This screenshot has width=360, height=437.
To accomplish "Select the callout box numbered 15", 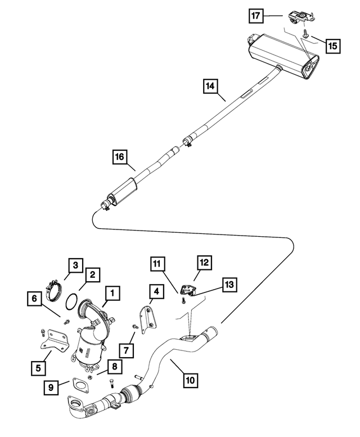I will [x=332, y=44].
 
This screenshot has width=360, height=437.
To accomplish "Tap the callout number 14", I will [x=210, y=86].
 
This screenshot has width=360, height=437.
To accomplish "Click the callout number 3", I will [x=75, y=264].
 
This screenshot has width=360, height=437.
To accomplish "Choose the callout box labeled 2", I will [x=92, y=275].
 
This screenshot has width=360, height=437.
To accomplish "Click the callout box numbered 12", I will [x=203, y=262].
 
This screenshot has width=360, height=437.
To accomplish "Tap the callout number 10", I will [x=191, y=380].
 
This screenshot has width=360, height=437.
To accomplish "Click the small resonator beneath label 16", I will [x=123, y=188].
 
